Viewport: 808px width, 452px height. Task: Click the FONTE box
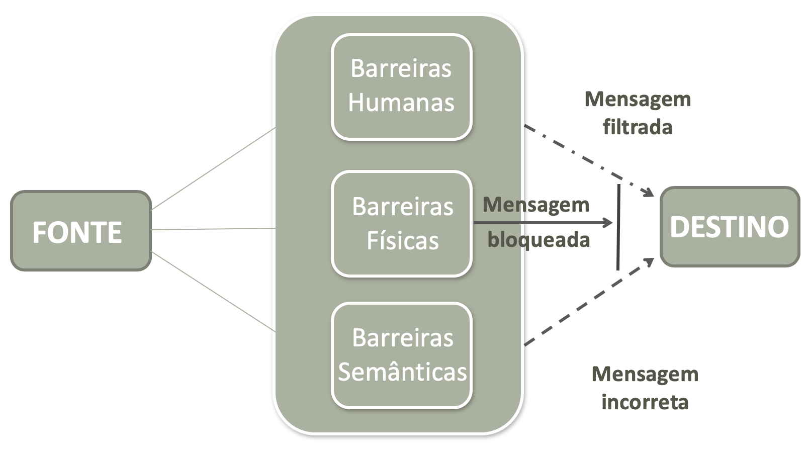(80, 231)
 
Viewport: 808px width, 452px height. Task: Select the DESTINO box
(730, 227)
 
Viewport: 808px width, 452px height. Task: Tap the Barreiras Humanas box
(401, 86)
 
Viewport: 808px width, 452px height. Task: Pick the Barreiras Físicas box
(401, 223)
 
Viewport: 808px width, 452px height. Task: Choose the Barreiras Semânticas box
(401, 355)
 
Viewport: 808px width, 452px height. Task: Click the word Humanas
(401, 103)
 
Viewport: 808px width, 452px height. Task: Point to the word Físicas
(402, 240)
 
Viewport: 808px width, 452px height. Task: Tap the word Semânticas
(402, 372)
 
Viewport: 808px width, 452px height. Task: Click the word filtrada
(638, 127)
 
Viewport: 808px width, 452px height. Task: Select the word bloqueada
(538, 240)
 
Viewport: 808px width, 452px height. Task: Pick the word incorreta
(645, 402)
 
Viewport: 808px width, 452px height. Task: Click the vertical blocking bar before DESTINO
(618, 227)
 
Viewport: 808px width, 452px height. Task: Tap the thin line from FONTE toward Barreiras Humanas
(214, 168)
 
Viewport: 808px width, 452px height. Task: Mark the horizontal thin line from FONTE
(214, 229)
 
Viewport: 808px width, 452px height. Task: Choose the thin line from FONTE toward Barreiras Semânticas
(214, 292)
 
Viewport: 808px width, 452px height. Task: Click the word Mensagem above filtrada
(638, 99)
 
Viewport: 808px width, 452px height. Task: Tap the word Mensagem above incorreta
(645, 374)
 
